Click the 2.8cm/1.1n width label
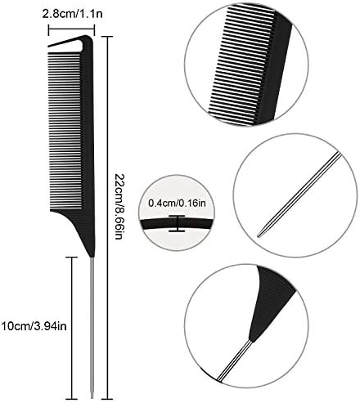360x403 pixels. point(73,14)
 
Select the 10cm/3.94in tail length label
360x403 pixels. point(34,326)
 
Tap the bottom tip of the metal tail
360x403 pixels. point(92,398)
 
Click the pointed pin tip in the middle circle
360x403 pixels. point(259,235)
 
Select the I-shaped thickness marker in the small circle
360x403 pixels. point(177,223)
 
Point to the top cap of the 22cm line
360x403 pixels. point(108,37)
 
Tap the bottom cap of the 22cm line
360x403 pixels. point(108,399)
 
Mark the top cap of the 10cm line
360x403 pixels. point(72,257)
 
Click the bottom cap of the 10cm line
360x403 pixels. point(72,399)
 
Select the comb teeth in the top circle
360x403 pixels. point(243,64)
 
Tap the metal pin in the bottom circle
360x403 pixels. point(235,360)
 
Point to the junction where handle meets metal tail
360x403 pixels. point(92,257)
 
